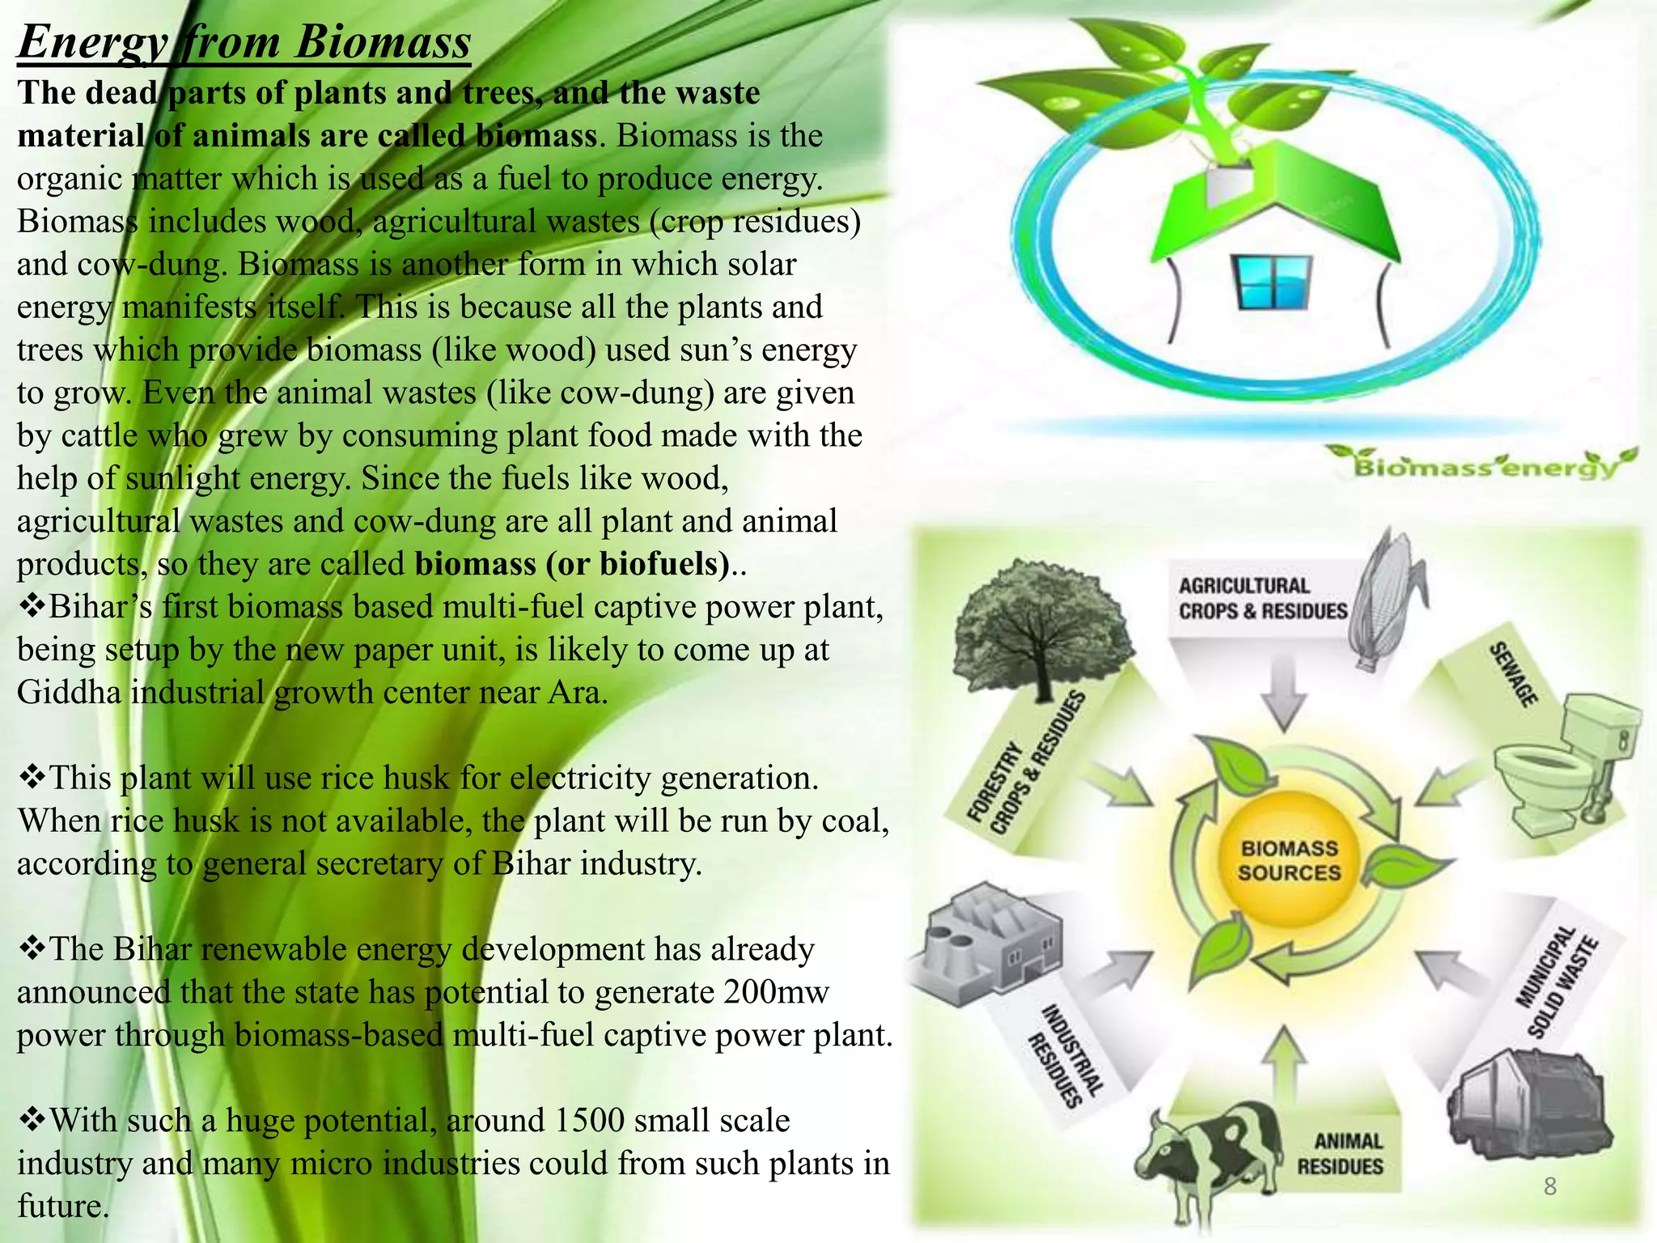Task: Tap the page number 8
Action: tap(1550, 1187)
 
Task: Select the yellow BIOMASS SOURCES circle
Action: tap(1289, 860)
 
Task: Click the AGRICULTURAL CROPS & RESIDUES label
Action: tap(1262, 598)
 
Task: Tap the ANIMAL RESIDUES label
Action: tap(1341, 1154)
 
